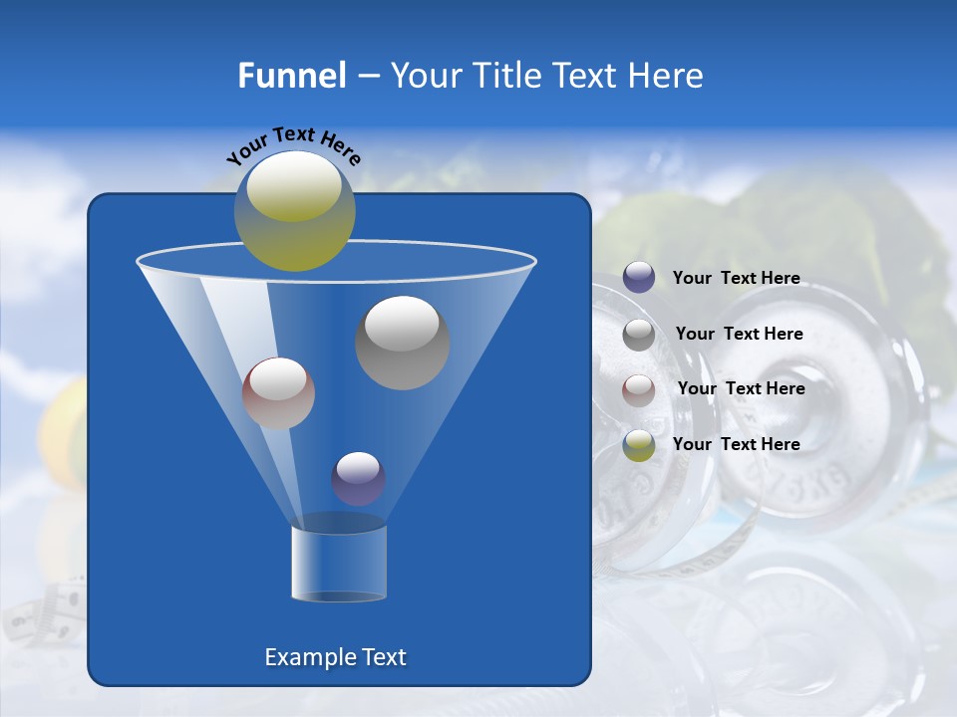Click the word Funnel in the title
[291, 76]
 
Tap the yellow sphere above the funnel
[295, 210]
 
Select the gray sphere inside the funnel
[403, 343]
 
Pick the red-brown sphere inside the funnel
[278, 393]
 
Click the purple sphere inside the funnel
[358, 478]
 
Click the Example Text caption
[335, 657]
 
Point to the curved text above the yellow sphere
[293, 145]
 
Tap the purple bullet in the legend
[639, 278]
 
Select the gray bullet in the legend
[639, 335]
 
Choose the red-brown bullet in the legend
[639, 389]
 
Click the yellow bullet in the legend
[639, 445]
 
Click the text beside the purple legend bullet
[736, 279]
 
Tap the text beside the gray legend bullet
[739, 335]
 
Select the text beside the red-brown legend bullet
[741, 389]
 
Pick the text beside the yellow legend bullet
[736, 445]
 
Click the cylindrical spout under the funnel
[338, 564]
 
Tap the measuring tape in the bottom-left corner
[50, 612]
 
